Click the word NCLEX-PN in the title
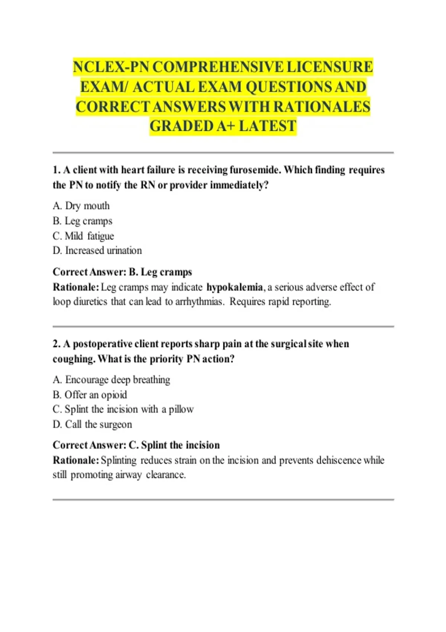coord(111,67)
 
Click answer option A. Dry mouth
coord(81,206)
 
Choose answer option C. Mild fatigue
coord(83,236)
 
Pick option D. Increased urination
coord(97,251)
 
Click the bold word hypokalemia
coord(235,287)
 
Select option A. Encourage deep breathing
coord(111,380)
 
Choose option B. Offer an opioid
coord(90,394)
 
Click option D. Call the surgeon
coord(92,424)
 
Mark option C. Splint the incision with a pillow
coord(123,409)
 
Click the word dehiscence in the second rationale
coord(339,460)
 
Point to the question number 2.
coord(56,344)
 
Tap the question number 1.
coord(56,170)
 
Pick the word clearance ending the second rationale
coord(165,475)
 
